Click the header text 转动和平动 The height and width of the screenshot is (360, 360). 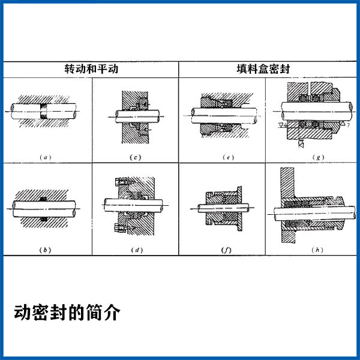[x=91, y=68]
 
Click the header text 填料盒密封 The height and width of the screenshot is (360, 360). [x=267, y=68]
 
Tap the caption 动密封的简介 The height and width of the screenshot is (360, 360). [x=67, y=313]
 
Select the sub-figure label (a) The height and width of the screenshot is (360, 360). [x=46, y=157]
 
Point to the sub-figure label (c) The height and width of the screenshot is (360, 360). [x=135, y=157]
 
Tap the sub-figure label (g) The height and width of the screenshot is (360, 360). [x=316, y=157]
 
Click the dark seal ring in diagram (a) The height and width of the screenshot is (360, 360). [x=46, y=112]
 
